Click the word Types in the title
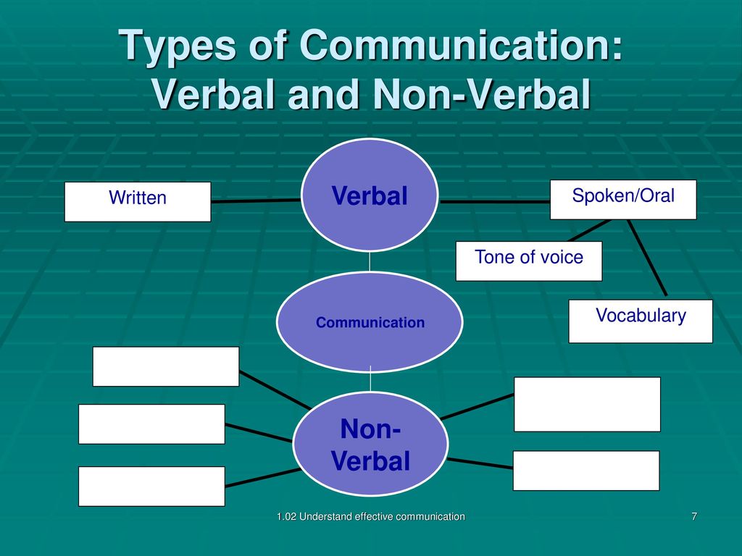click(177, 46)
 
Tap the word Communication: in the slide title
click(461, 44)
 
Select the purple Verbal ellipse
click(370, 195)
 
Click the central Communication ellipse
click(370, 322)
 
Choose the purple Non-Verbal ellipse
click(370, 444)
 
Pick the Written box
click(138, 202)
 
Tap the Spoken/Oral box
click(623, 200)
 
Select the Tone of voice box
click(529, 261)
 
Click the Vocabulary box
click(641, 321)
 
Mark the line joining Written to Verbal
click(256, 201)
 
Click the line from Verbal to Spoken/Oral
click(494, 202)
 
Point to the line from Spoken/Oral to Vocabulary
click(647, 258)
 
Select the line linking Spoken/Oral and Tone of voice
click(589, 230)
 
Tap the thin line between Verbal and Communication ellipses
click(370, 261)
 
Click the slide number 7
click(694, 516)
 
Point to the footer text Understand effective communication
click(383, 517)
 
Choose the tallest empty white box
click(587, 404)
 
